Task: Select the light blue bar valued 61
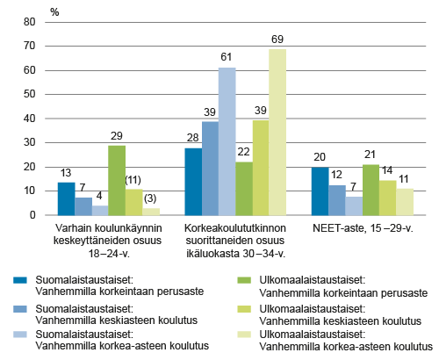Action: [x=227, y=141]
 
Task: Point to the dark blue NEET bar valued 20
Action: [x=320, y=191]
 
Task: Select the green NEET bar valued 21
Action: [x=371, y=190]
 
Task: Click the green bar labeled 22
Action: [x=243, y=188]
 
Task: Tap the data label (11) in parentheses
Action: [x=133, y=180]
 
